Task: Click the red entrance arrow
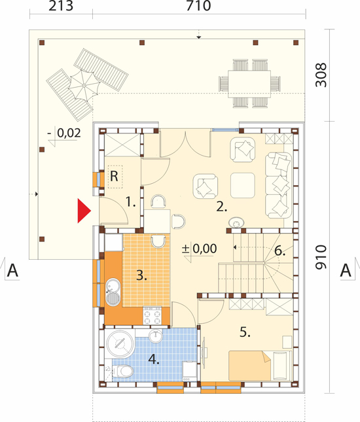pos(83,211)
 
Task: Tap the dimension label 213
pos(61,6)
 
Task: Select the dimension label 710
pos(198,6)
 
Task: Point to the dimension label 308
pos(321,75)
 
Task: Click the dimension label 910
pos(321,257)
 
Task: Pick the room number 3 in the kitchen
pos(141,275)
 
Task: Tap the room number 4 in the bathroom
pos(154,359)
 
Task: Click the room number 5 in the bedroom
pos(245,332)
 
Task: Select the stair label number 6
pos(279,251)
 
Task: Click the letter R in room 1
pos(114,177)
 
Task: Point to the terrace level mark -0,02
pos(64,133)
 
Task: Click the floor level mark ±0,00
pos(200,249)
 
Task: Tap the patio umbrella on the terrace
pos(84,86)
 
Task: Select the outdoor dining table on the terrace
pos(249,84)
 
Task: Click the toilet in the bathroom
pos(123,371)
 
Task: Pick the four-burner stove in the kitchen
pos(153,315)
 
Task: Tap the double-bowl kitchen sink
pos(113,292)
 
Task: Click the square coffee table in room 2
pos(243,185)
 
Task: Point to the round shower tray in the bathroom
pos(120,343)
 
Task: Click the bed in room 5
pos(249,366)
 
